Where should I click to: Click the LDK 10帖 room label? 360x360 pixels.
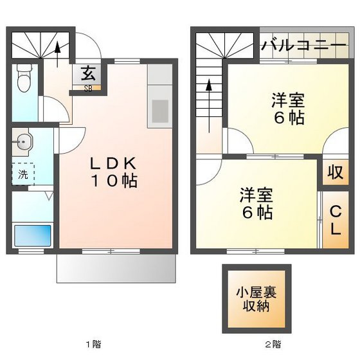(113, 172)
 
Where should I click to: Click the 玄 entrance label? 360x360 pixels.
(86, 73)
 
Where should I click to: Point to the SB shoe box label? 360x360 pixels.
(87, 89)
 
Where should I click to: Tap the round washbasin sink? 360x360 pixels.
(24, 143)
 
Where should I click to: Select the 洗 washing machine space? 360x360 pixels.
(23, 174)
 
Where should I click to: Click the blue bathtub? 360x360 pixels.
(32, 233)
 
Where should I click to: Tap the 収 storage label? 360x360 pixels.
(335, 172)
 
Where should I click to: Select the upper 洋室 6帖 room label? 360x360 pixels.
(287, 109)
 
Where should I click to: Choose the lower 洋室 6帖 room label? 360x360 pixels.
(256, 203)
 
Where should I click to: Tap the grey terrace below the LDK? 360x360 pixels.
(116, 266)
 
